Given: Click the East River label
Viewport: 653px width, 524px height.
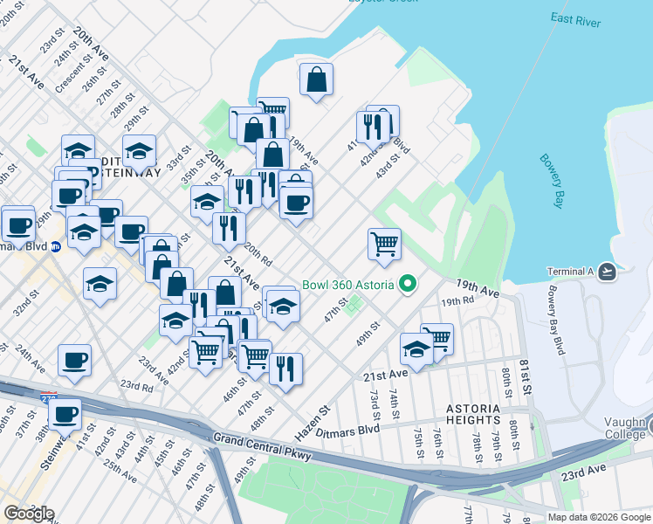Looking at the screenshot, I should [x=575, y=20].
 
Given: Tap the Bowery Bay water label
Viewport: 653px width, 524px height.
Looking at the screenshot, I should [x=547, y=182].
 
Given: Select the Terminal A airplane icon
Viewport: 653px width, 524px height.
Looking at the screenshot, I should [x=608, y=272].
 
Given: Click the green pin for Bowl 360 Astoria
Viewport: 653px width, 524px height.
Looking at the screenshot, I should [x=406, y=284].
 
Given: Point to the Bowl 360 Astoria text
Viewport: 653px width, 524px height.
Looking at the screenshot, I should [x=348, y=285].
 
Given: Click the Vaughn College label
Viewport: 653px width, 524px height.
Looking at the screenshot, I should [x=629, y=434].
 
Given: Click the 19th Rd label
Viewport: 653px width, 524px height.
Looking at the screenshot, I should [x=457, y=301].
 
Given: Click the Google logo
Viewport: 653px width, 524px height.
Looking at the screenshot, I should [x=28, y=514].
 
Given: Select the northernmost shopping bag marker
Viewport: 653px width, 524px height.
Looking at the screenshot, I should [x=316, y=81].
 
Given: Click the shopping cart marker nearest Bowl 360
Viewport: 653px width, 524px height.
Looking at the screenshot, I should [x=384, y=245].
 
